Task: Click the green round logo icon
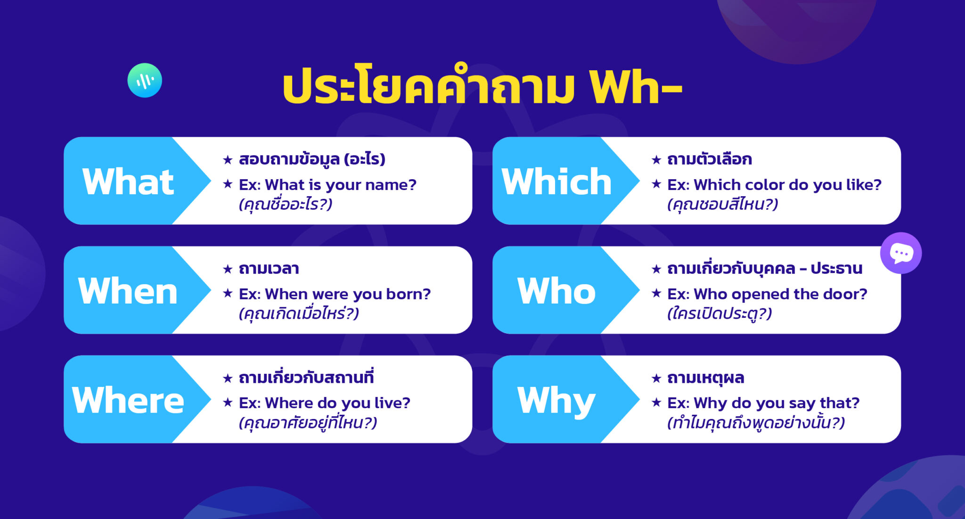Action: pyautogui.click(x=145, y=81)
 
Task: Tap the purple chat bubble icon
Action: pyautogui.click(x=901, y=253)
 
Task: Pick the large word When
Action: pyautogui.click(x=128, y=291)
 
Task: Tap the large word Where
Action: pyautogui.click(x=128, y=400)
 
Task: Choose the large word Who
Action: pyautogui.click(x=556, y=291)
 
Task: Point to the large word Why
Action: pyautogui.click(x=556, y=401)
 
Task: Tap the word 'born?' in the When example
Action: pyautogui.click(x=408, y=294)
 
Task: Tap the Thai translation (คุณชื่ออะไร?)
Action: pyautogui.click(x=286, y=205)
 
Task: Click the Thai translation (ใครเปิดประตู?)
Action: pyautogui.click(x=720, y=314)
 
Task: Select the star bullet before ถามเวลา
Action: pyautogui.click(x=228, y=269)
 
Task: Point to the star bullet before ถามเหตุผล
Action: pyautogui.click(x=656, y=378)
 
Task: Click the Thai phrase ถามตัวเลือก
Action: pyautogui.click(x=710, y=159)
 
